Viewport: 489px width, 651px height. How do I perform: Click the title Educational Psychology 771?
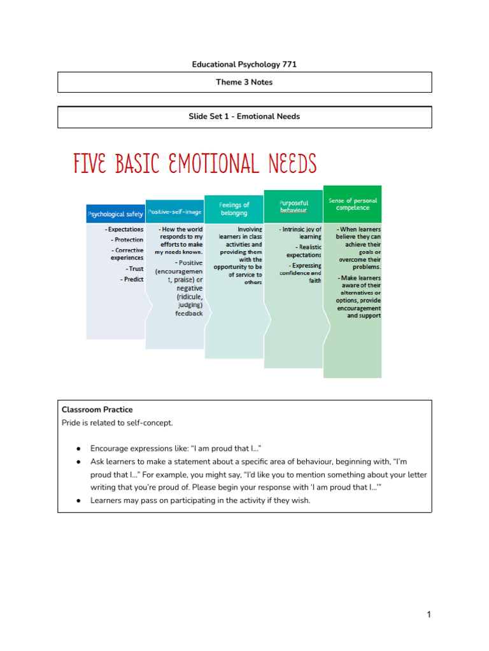coord(244,64)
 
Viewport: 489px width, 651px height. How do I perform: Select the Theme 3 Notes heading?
coord(244,82)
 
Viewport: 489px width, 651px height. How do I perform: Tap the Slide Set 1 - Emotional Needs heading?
coord(244,116)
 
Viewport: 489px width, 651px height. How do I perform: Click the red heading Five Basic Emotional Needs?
coord(195,164)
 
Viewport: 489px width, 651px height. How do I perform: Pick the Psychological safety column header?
coord(115,214)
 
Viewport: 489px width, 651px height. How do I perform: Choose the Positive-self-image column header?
coord(175,211)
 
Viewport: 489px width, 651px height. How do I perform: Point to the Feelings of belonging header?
coord(234,209)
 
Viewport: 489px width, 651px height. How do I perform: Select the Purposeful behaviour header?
coord(293,207)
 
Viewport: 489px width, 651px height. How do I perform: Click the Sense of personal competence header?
coord(352,203)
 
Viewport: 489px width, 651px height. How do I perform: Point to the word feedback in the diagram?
coord(189,313)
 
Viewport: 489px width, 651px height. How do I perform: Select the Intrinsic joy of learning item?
coord(301,233)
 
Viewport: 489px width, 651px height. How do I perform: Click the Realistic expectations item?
coord(304,250)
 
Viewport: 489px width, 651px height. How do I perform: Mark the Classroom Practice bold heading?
coord(97,409)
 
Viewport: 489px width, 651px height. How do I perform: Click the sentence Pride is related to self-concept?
coord(117,423)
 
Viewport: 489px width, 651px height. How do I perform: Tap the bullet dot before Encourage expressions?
coord(78,448)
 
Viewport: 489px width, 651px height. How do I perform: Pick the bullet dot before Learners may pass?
coord(78,501)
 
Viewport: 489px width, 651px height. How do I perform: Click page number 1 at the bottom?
coord(429,614)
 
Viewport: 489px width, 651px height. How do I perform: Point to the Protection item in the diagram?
coord(127,240)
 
